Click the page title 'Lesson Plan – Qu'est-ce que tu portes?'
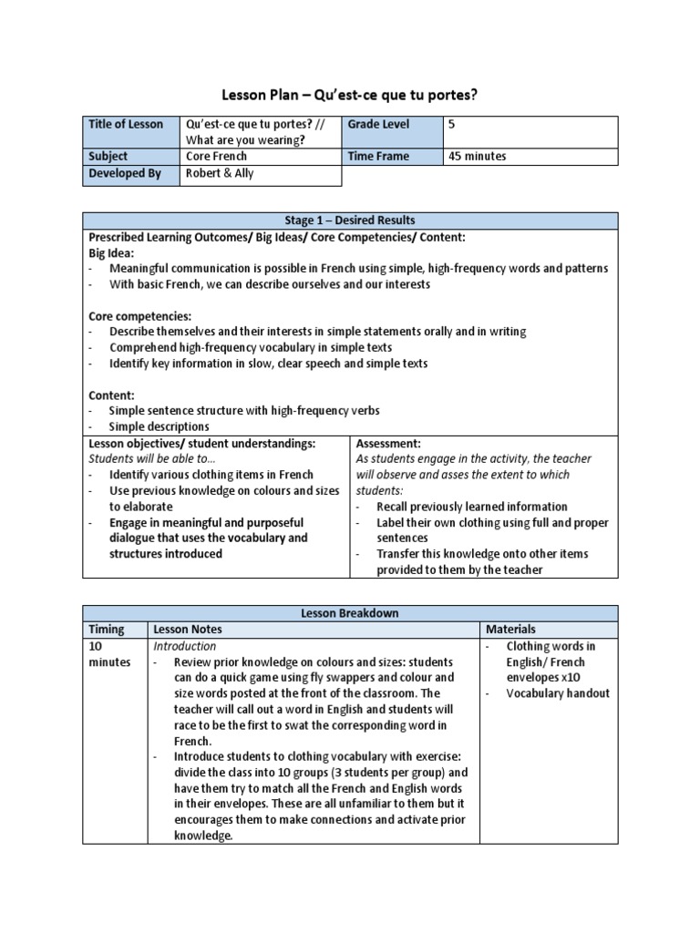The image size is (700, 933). click(x=350, y=95)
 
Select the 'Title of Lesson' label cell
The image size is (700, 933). click(x=125, y=125)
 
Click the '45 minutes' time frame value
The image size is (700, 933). click(x=478, y=157)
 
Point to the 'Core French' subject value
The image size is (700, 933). click(x=216, y=157)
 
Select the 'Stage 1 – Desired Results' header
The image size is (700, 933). click(x=350, y=220)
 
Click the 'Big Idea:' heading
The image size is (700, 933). click(x=111, y=252)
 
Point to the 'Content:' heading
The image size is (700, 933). click(x=110, y=395)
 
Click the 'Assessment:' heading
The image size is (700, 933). click(x=387, y=443)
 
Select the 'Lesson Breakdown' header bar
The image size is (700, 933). click(x=350, y=613)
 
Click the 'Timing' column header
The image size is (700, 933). click(x=106, y=630)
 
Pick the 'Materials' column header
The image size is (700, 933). click(x=510, y=630)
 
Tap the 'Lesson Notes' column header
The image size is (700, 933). click(x=188, y=630)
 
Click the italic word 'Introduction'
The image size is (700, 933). click(x=185, y=646)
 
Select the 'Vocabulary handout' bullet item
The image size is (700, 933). click(x=558, y=693)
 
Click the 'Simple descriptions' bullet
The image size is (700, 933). click(x=159, y=426)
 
